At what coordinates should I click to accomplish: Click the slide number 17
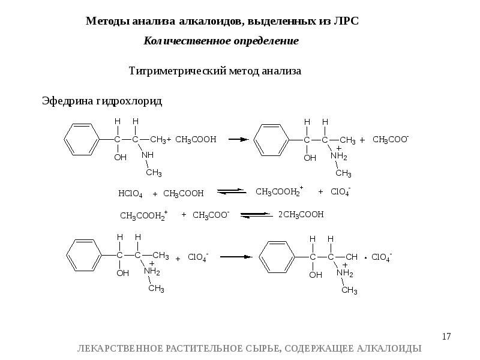pos(446,337)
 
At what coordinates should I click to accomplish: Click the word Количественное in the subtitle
pos(181,41)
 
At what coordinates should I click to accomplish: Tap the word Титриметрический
pos(177,71)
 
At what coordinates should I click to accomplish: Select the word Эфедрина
pos(66,101)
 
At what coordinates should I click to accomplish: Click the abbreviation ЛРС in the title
pos(344,21)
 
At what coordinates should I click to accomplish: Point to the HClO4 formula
pos(130,194)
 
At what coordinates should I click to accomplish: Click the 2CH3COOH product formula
pos(301,214)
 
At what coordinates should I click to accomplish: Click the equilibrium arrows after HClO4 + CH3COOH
pos(232,192)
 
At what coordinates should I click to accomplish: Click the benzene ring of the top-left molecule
pos(80,139)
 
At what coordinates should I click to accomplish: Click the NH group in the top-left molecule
pos(148,155)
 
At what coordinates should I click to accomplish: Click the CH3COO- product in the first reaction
pos(391,139)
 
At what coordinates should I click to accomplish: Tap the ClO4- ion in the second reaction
pos(340,192)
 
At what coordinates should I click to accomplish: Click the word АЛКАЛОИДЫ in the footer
pos(391,349)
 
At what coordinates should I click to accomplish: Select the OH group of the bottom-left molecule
pos(122,273)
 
